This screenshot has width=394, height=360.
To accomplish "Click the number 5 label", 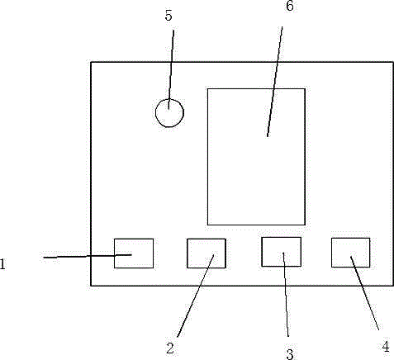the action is [x=169, y=16].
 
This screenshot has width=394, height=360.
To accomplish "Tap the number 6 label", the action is [x=290, y=6].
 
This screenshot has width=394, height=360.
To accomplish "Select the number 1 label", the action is [x=2, y=264].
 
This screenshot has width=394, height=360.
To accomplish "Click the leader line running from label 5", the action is [x=171, y=69].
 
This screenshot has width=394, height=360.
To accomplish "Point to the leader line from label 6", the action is [x=275, y=82].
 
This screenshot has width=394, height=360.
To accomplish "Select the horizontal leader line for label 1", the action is [x=88, y=256].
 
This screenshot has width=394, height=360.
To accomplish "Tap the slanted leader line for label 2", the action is [x=196, y=296].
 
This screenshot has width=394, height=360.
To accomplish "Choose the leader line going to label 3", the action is [x=286, y=294].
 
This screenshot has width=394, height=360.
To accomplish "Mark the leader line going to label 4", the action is [x=365, y=293].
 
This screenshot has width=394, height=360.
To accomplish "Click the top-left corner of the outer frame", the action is [x=91, y=62].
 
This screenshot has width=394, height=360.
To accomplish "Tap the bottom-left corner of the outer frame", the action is [x=91, y=286].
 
